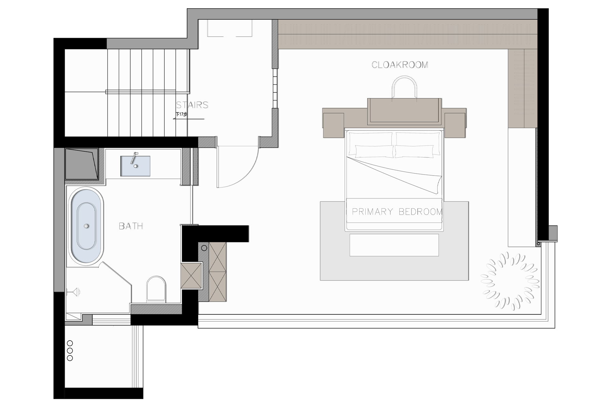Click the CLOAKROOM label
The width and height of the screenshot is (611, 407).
tap(400, 65)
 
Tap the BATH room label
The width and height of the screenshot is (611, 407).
tap(131, 226)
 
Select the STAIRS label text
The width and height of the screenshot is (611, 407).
tap(192, 105)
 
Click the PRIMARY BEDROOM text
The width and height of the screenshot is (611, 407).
tap(397, 212)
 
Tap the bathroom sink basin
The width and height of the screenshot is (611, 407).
tap(135, 166)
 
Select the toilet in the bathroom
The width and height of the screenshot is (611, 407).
tap(156, 289)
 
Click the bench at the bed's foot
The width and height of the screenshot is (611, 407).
tap(394, 245)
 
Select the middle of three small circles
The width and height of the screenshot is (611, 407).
tap(70, 351)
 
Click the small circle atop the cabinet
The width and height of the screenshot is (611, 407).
tap(204, 248)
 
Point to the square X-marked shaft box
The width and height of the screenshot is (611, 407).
tap(192, 275)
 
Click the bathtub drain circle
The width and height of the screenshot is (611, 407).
tap(86, 226)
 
